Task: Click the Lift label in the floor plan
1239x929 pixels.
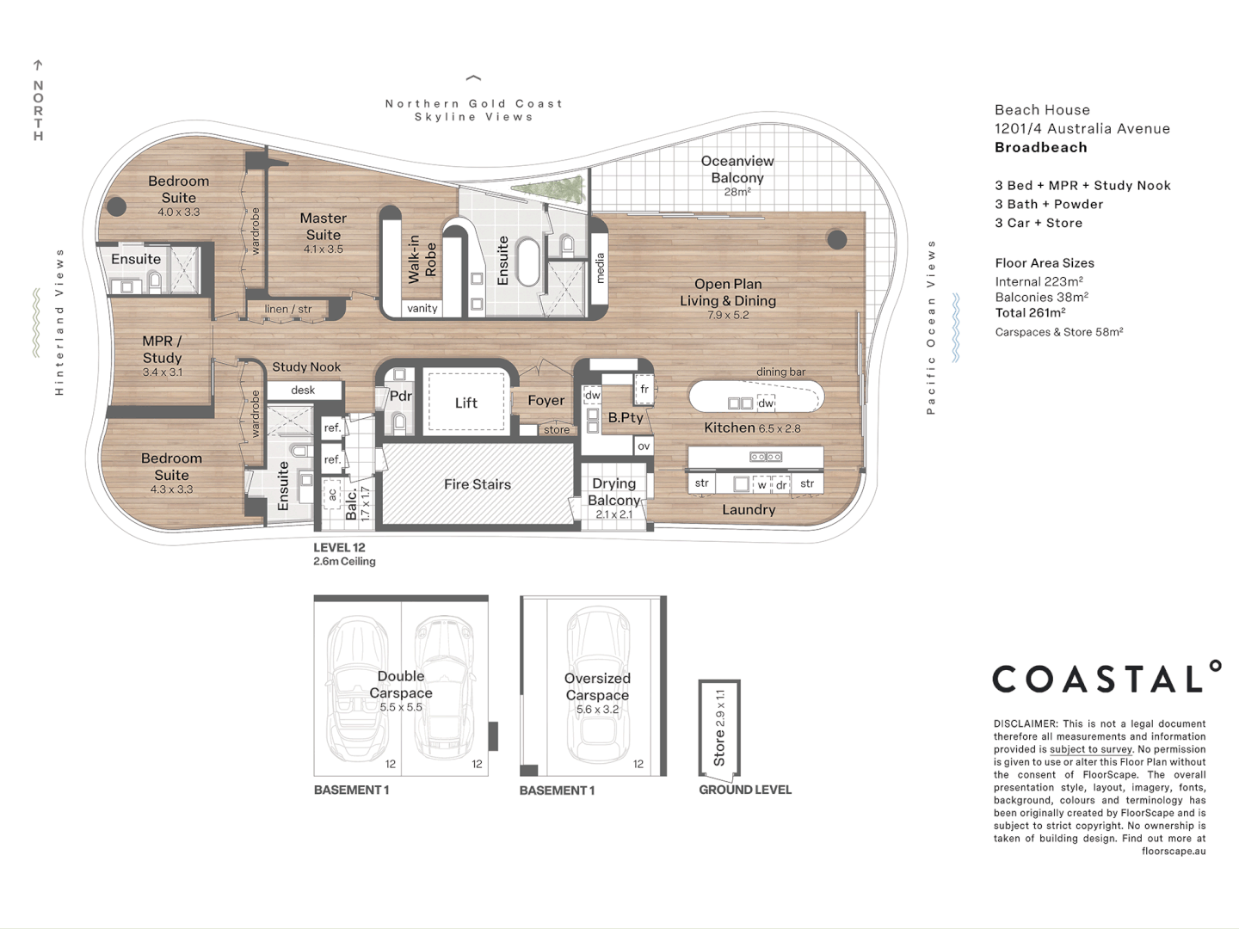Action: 465,403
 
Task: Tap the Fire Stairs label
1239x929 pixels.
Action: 477,484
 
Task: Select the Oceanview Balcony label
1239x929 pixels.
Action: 737,169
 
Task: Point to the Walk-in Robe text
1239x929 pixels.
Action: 422,259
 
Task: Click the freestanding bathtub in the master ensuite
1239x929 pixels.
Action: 527,262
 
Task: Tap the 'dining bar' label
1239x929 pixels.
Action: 780,372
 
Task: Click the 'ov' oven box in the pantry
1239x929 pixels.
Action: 644,446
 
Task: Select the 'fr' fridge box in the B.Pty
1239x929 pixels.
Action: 644,390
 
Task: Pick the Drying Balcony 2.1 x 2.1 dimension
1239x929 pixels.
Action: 613,514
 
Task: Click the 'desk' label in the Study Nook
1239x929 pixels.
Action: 303,390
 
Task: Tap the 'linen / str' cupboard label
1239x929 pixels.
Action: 288,309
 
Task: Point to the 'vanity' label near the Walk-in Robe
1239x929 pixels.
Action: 422,308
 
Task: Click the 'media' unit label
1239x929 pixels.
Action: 600,268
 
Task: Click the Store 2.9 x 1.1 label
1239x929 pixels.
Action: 719,728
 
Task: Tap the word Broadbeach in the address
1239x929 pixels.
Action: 1040,147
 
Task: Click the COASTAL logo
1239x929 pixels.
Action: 1106,679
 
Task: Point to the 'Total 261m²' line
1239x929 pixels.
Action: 1030,313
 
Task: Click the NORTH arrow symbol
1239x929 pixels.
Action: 38,65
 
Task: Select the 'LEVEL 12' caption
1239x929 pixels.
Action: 339,547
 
